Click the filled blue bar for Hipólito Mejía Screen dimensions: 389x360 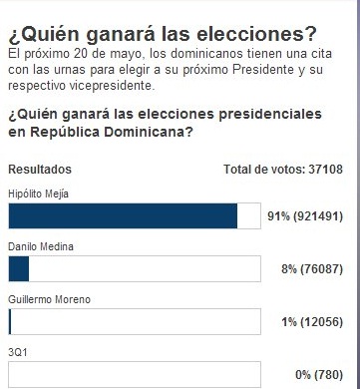click(x=122, y=215)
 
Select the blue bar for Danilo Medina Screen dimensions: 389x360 click(x=18, y=269)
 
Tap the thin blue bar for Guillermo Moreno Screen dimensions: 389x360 click(x=9, y=322)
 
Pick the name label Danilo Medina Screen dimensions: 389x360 click(x=37, y=245)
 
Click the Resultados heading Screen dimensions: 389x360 click(x=39, y=170)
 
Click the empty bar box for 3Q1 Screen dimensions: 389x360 click(x=134, y=375)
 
